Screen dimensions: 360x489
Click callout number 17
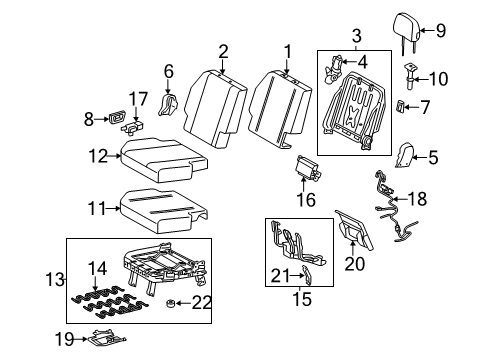click(137, 97)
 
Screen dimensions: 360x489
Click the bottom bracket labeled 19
click(104, 340)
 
